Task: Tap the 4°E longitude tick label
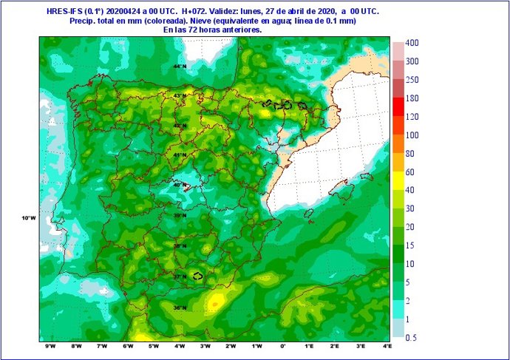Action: (x=387, y=347)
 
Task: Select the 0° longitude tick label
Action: (x=283, y=347)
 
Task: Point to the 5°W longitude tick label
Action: (x=154, y=347)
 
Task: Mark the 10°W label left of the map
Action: (x=28, y=218)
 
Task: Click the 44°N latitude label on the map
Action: (x=180, y=67)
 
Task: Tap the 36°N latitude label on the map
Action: (x=180, y=308)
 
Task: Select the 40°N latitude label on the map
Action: (x=180, y=185)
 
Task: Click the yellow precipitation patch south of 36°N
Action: (x=214, y=302)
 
